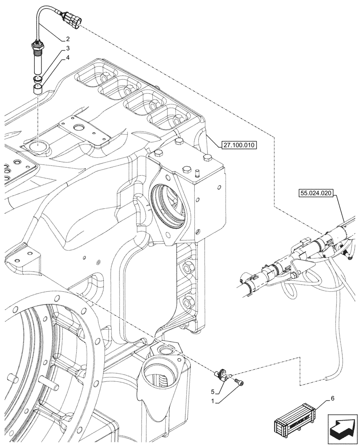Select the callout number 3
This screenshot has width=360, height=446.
[x=67, y=48]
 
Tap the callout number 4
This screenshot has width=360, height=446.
[x=67, y=57]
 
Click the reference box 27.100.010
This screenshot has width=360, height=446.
[x=238, y=145]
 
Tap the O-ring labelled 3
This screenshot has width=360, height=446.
[x=38, y=79]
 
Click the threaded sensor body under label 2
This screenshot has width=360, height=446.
[x=37, y=58]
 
